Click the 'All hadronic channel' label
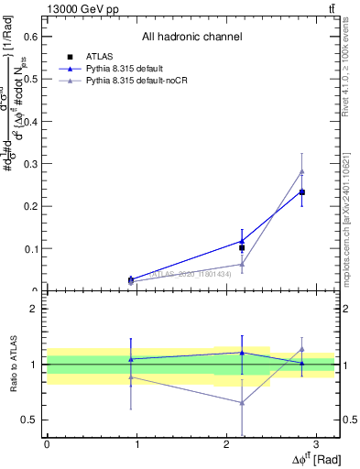(x=191, y=38)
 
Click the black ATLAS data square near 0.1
(x=242, y=247)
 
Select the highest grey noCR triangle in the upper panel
(x=302, y=171)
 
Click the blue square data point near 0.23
(x=302, y=192)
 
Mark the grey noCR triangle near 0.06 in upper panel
(x=242, y=265)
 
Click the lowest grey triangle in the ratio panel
(x=242, y=402)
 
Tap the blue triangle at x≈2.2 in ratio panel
(x=242, y=353)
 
